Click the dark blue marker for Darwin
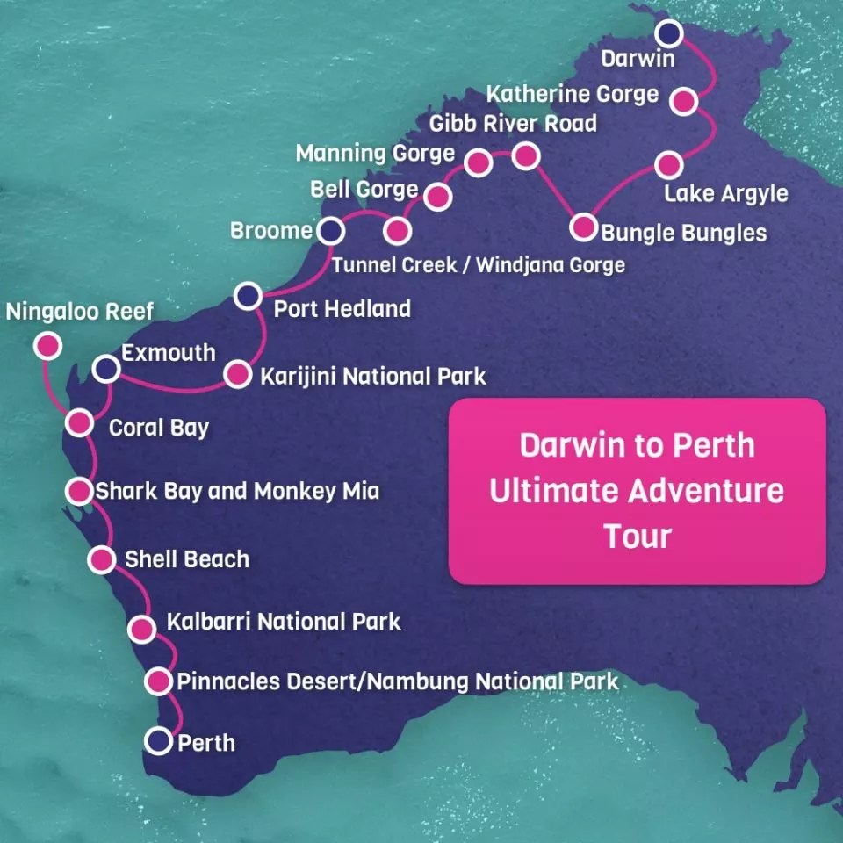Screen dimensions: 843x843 pos(670,33)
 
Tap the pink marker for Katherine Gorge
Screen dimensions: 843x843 pos(684,100)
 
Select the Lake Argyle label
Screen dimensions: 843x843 pos(725,193)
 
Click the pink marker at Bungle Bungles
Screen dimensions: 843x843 pos(583,227)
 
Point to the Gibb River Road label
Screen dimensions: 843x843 pos(513,123)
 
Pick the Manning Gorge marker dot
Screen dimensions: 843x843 pos(478,162)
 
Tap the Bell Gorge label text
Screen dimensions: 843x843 pos(364,190)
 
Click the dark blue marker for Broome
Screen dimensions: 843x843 pos(330,231)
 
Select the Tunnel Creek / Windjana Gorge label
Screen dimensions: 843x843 pos(479,264)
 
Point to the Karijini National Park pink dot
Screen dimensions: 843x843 pos(237,375)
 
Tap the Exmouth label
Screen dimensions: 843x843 pos(168,353)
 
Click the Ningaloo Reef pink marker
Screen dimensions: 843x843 pos(47,346)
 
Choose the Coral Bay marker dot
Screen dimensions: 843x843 pos(79,423)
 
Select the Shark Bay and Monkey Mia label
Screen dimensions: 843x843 pos(237,490)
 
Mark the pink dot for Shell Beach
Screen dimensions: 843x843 pos(102,559)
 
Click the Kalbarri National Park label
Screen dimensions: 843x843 pos(284,622)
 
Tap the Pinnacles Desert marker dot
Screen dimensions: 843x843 pos(158,681)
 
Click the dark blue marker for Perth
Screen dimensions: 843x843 pos(159,741)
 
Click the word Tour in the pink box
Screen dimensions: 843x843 pos(637,536)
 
